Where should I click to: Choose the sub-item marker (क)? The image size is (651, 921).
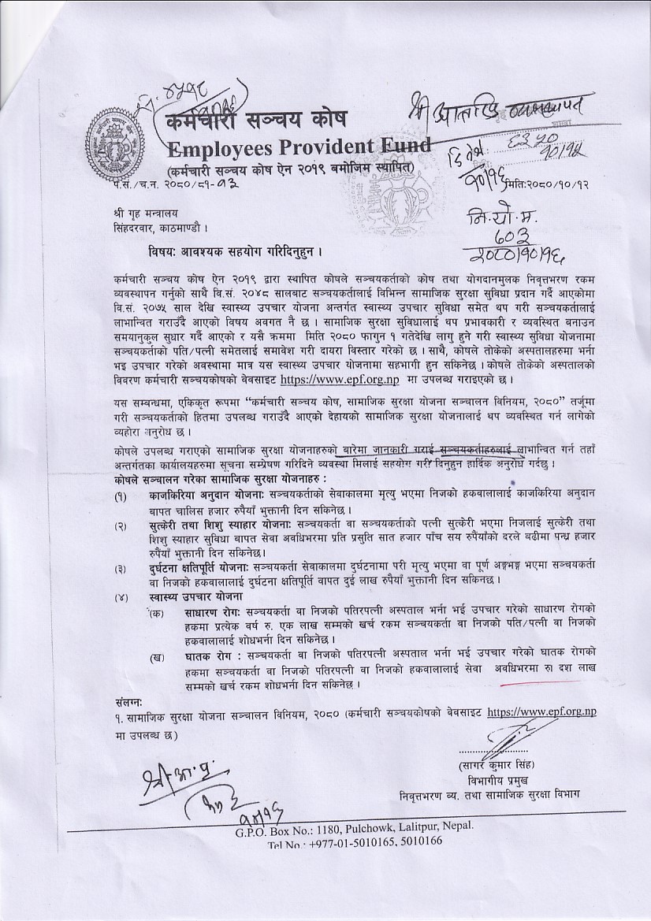pyautogui.click(x=159, y=612)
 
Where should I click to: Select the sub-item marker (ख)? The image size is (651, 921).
pyautogui.click(x=159, y=656)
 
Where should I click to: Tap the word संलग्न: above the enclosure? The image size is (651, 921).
pyautogui.click(x=128, y=700)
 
